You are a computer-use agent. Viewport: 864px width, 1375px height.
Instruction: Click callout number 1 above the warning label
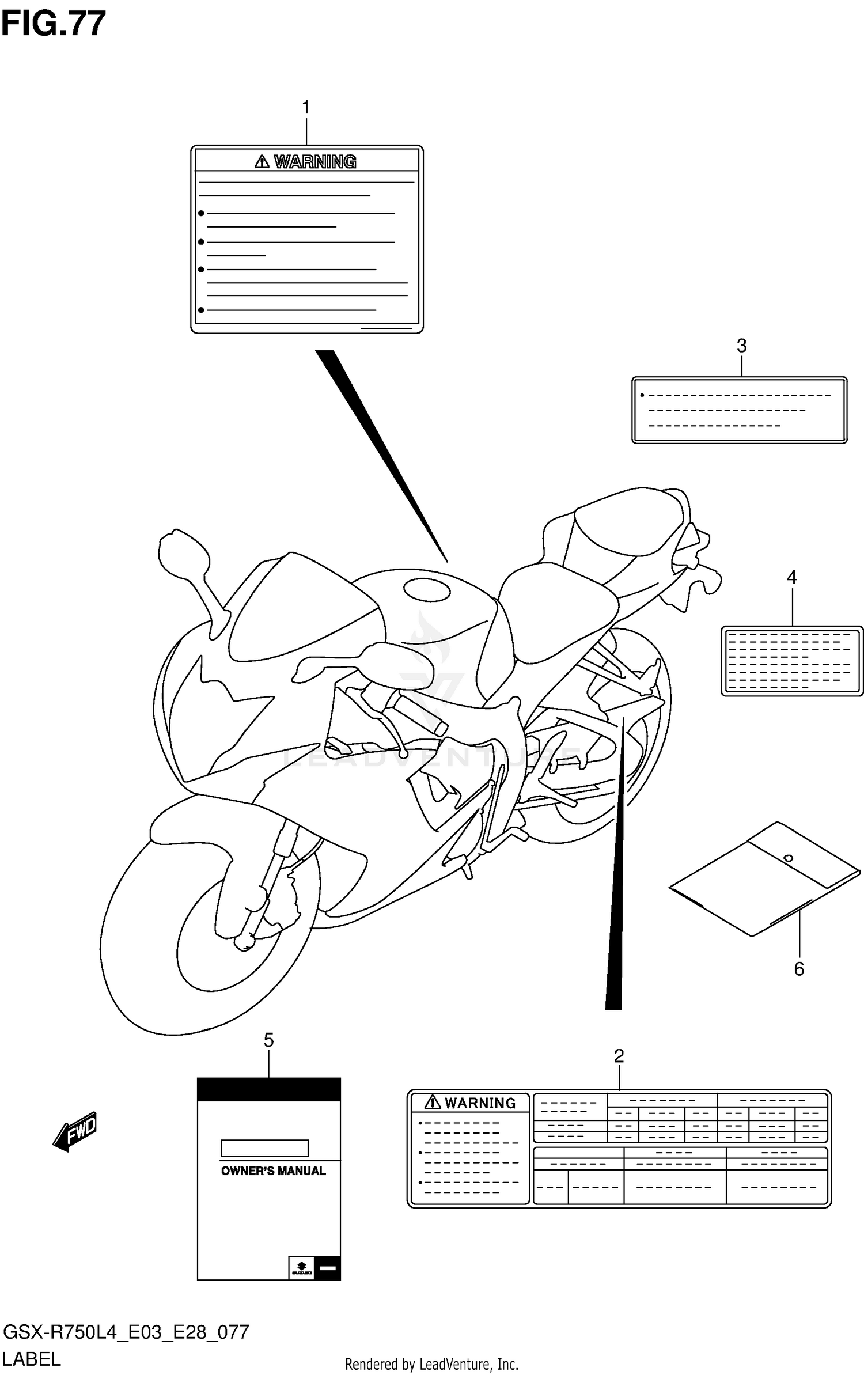306,108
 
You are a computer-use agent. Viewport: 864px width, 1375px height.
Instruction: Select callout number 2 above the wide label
619,1056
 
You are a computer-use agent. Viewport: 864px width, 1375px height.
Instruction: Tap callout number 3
741,346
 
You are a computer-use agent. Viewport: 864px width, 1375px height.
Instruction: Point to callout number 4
792,577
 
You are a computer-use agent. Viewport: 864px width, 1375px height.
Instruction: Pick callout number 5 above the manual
268,1040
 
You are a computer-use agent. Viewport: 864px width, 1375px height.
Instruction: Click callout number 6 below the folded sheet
799,969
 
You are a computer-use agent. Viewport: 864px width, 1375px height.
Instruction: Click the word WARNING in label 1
314,162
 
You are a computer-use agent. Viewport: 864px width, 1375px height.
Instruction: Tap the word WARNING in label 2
480,1103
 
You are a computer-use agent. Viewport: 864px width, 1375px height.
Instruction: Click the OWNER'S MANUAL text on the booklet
273,1171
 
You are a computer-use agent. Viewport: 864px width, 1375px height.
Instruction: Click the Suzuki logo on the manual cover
301,1268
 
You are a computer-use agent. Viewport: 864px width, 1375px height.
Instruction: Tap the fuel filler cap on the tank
427,589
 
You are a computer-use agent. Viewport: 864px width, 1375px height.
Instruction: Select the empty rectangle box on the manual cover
264,1148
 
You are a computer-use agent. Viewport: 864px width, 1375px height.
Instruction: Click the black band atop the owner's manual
268,1089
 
